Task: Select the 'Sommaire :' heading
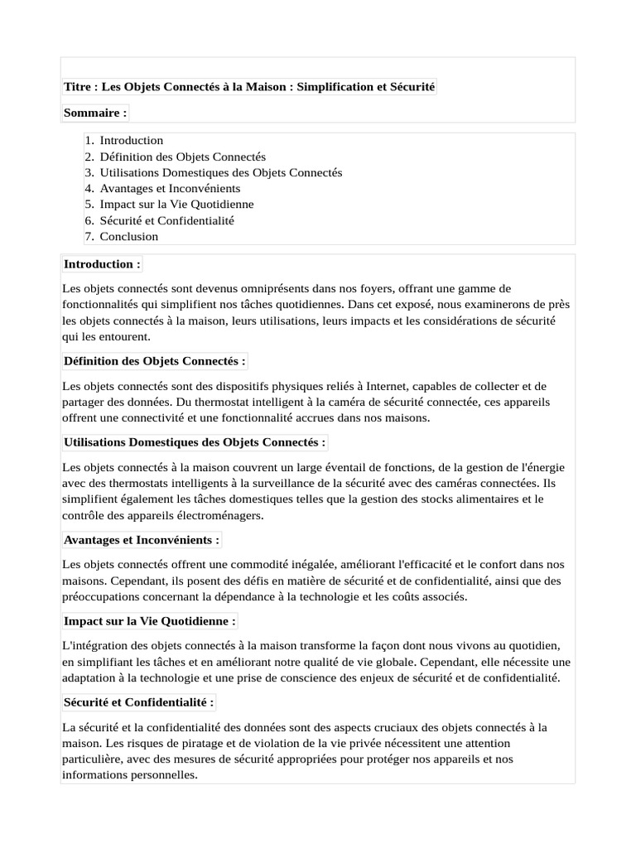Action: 95,112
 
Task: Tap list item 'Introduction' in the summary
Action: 132,141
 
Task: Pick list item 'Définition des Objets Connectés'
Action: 183,157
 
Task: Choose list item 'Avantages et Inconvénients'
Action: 170,189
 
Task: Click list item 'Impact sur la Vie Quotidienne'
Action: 177,205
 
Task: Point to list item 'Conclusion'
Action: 129,237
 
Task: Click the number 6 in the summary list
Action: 89,221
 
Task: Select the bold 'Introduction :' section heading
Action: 102,264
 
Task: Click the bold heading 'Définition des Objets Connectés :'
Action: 154,361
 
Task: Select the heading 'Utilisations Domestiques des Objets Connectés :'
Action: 195,442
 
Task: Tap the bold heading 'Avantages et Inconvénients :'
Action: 142,540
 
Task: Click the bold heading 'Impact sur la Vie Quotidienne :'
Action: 150,621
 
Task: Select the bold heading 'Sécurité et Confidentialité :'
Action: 139,702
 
